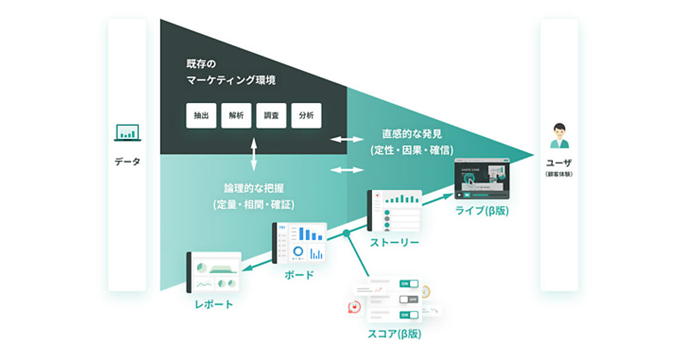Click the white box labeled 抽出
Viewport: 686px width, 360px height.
(x=201, y=115)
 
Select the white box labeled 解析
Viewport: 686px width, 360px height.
(x=236, y=115)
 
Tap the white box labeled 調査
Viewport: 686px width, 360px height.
(x=271, y=115)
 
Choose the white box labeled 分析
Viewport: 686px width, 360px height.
(x=306, y=115)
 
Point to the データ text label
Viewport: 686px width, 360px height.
(x=127, y=162)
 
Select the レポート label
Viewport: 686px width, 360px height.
(x=213, y=304)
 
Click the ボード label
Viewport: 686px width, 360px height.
(x=299, y=275)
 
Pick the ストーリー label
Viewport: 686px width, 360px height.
(x=394, y=242)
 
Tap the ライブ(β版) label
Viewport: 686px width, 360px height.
(x=481, y=211)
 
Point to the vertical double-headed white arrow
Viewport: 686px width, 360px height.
(x=254, y=154)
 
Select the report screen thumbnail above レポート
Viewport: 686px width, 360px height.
(x=214, y=272)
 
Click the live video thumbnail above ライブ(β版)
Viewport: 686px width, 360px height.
(x=481, y=178)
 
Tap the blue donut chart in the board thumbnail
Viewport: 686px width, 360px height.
(x=298, y=251)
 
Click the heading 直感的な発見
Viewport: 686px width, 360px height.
(x=412, y=135)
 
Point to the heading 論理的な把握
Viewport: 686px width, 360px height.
(x=254, y=188)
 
